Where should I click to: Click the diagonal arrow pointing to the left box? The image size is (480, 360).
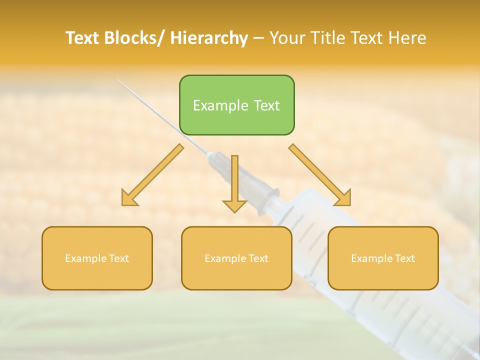pyautogui.click(x=152, y=175)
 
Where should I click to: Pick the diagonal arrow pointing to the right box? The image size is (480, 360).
pyautogui.click(x=320, y=175)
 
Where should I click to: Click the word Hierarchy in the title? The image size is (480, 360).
pyautogui.click(x=209, y=38)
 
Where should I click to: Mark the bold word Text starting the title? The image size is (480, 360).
pyautogui.click(x=82, y=38)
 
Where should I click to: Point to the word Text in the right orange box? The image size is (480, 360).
pyautogui.click(x=404, y=258)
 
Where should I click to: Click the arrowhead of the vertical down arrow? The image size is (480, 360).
pyautogui.click(x=234, y=206)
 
